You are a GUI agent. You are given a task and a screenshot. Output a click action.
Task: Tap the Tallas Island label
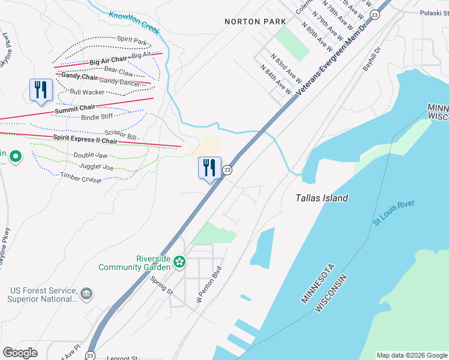click(322, 198)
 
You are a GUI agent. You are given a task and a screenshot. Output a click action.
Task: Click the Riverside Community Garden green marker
click(179, 262)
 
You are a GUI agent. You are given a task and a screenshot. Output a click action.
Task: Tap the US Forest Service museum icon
click(86, 293)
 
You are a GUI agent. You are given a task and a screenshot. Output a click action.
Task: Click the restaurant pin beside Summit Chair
click(41, 90)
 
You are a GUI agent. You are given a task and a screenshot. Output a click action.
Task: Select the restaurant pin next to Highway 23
click(209, 167)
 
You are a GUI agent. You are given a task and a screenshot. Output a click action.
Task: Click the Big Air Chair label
click(109, 61)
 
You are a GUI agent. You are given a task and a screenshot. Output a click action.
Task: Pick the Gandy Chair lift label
click(79, 77)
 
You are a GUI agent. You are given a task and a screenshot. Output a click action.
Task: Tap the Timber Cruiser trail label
click(82, 178)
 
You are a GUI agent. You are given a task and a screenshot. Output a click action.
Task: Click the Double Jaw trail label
click(91, 155)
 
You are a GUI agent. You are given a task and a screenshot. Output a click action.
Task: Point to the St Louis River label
click(394, 214)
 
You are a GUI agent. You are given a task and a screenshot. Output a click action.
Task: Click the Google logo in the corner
click(20, 352)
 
